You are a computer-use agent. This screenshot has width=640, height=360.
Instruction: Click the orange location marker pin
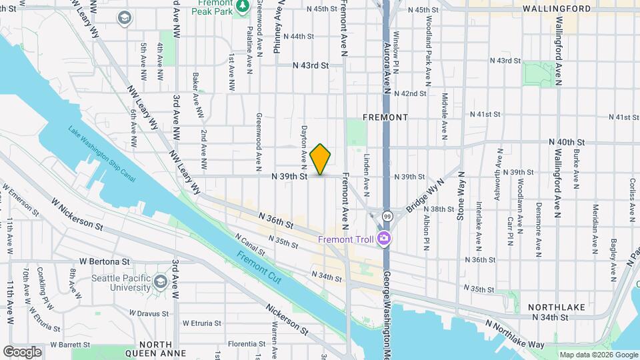pyautogui.click(x=321, y=159)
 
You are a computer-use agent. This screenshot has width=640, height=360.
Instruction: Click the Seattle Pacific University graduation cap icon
pyautogui.click(x=160, y=282)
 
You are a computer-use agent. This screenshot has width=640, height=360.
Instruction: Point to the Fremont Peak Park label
pyautogui.click(x=214, y=7)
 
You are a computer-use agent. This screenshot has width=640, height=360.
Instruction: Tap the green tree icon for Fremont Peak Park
pyautogui.click(x=243, y=6)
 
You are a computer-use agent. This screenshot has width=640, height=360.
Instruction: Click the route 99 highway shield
pyautogui.click(x=387, y=215)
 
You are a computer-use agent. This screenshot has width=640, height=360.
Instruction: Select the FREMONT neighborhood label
pyautogui.click(x=385, y=117)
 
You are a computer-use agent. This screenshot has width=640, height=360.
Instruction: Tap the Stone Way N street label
pyautogui.click(x=459, y=196)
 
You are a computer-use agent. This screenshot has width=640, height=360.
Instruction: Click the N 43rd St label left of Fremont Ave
pyautogui.click(x=311, y=66)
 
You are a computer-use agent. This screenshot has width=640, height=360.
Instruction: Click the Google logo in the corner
pyautogui.click(x=22, y=351)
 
